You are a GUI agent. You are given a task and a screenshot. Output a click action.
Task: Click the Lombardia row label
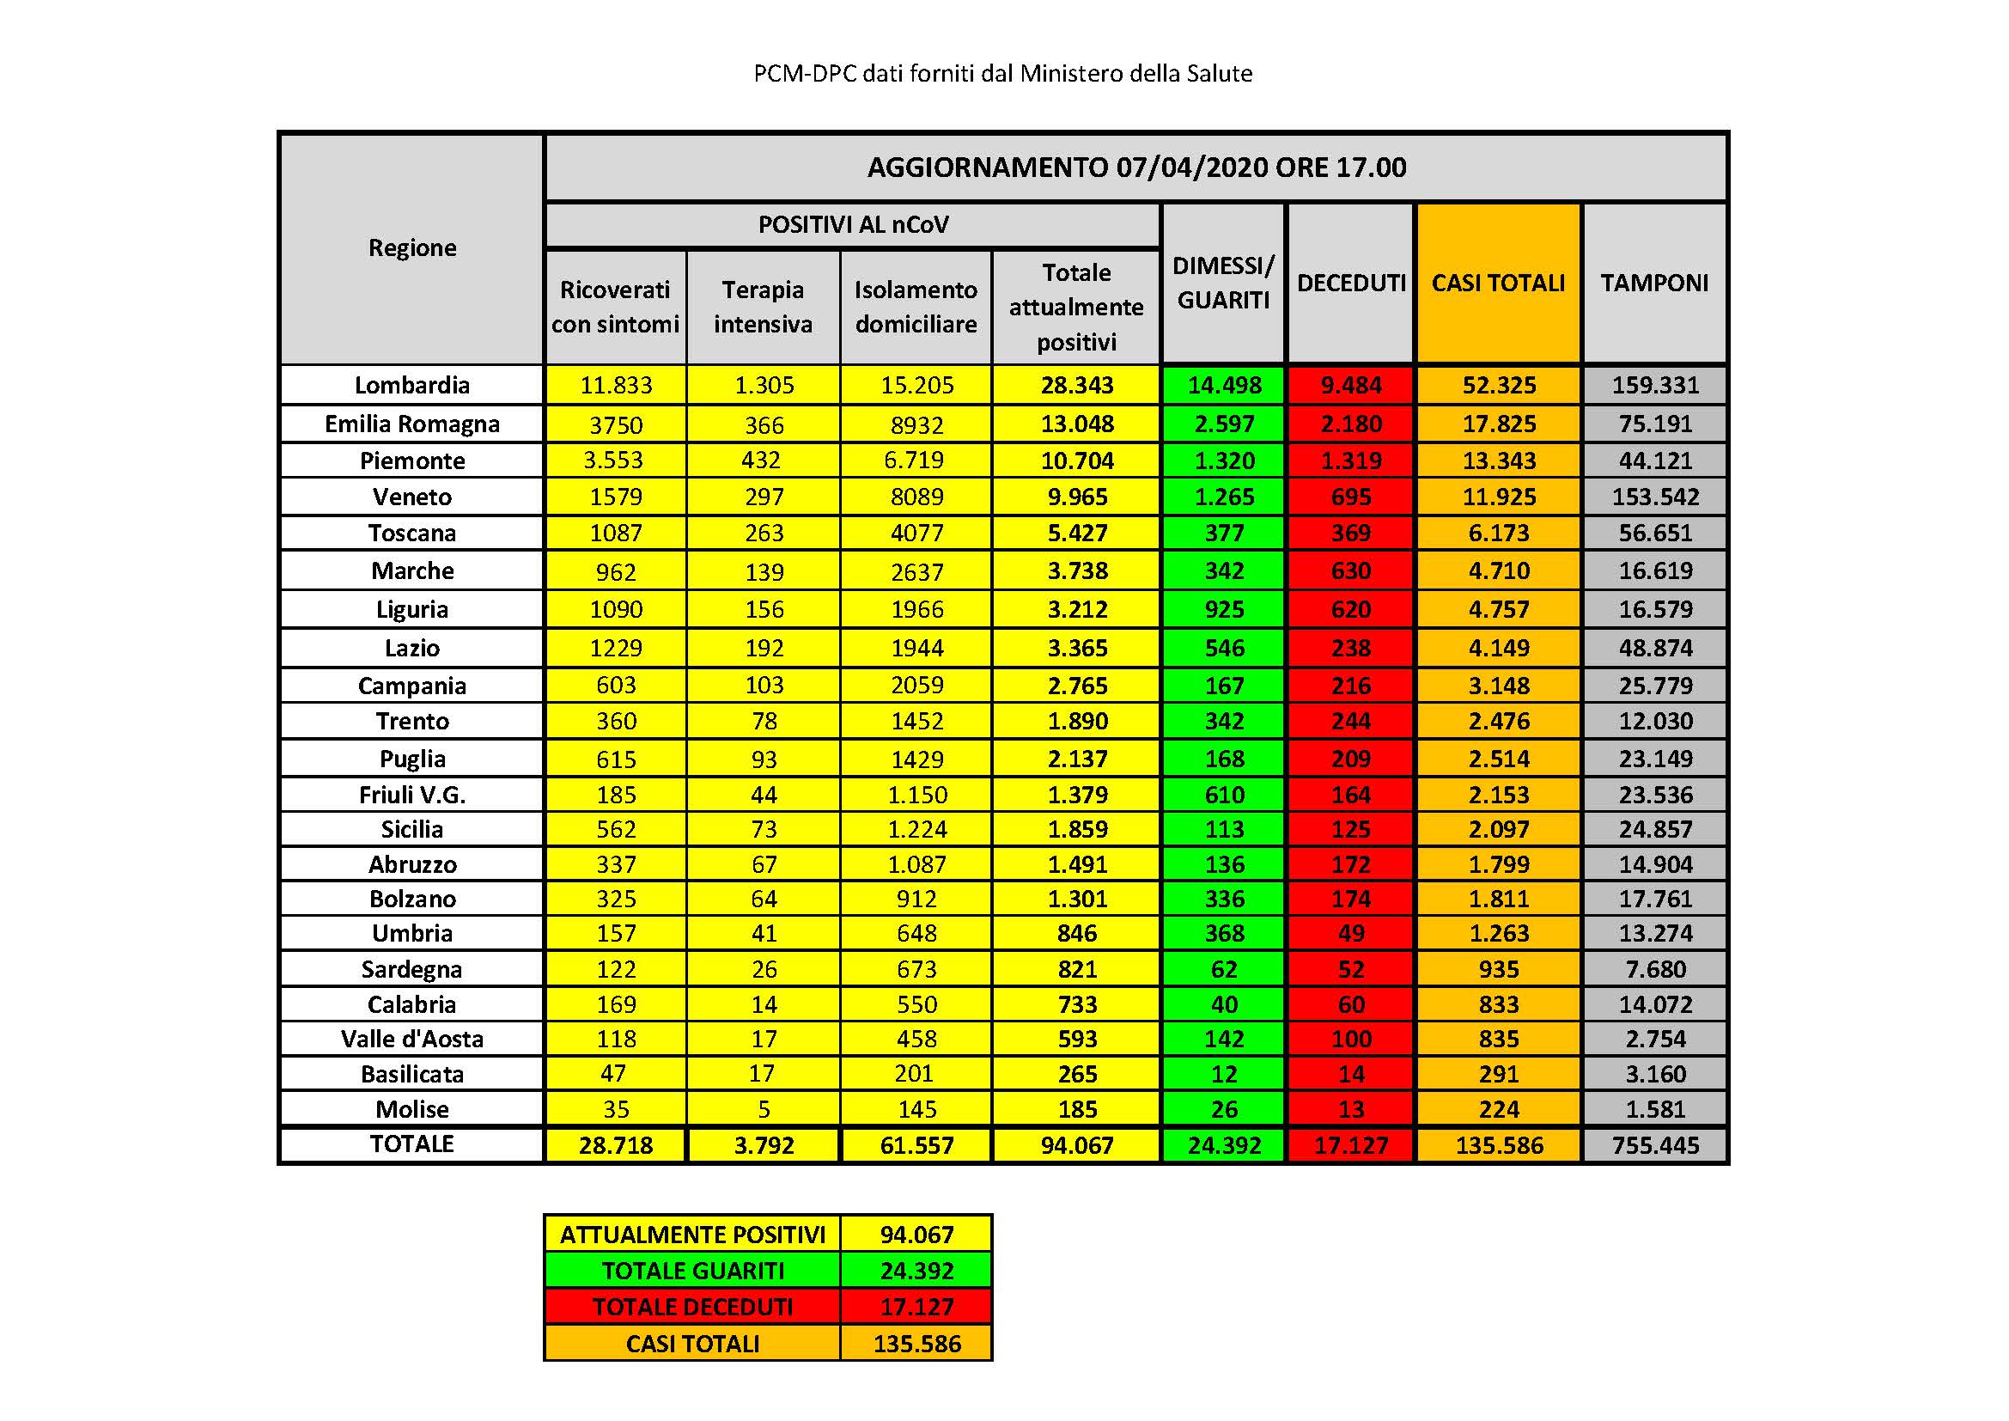411,385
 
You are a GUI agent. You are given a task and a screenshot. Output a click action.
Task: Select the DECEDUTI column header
1350,283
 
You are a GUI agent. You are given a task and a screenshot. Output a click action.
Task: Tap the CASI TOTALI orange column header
1498,283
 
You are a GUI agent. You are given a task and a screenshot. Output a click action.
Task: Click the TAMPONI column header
1653,283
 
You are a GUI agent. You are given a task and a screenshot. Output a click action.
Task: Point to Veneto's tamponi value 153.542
1654,497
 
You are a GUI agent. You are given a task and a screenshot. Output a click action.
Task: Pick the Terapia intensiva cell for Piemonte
763,460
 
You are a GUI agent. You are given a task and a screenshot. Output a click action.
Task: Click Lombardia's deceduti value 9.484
1350,385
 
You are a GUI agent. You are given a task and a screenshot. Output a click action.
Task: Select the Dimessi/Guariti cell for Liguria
1223,609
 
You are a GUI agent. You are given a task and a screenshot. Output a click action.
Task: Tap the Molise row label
411,1109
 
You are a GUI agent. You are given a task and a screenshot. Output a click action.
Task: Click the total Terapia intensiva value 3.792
763,1145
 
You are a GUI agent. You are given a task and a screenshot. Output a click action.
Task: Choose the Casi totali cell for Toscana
1498,533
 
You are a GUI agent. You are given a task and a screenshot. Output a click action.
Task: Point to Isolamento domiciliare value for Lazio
916,649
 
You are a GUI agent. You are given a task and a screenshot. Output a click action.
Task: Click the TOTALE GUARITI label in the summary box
692,1271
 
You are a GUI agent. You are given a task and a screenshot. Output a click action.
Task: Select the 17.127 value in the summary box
916,1308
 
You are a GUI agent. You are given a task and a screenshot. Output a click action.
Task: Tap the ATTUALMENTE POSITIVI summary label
692,1235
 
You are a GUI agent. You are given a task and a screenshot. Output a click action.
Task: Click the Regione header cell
411,247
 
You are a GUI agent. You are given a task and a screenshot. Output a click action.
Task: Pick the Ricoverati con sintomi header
615,306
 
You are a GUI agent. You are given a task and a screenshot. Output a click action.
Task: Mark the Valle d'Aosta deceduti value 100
1350,1040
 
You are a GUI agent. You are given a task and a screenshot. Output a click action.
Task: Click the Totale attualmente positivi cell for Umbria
1076,934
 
